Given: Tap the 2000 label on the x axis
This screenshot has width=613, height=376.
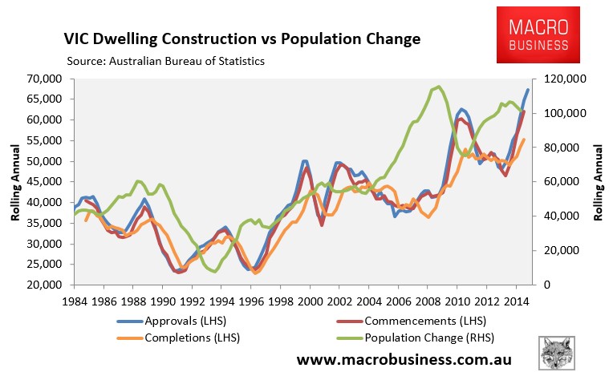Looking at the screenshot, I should [310, 301].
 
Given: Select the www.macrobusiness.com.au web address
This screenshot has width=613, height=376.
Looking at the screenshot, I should [404, 359].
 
